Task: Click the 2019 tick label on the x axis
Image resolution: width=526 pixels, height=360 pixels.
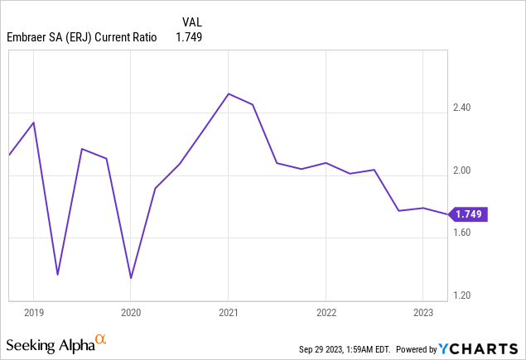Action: click(x=33, y=313)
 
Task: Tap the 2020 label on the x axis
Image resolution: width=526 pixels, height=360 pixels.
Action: click(x=131, y=313)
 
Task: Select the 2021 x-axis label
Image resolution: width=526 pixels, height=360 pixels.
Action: click(x=229, y=313)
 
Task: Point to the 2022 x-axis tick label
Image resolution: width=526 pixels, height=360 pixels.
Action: click(x=326, y=313)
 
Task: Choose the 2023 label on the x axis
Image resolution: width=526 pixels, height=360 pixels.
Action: click(x=422, y=313)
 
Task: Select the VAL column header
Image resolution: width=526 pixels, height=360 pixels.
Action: click(x=191, y=21)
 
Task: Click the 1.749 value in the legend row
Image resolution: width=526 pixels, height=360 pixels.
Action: click(x=189, y=37)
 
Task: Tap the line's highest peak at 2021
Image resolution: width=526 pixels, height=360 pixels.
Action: click(x=229, y=94)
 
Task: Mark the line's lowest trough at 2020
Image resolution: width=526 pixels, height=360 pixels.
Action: click(x=131, y=278)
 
